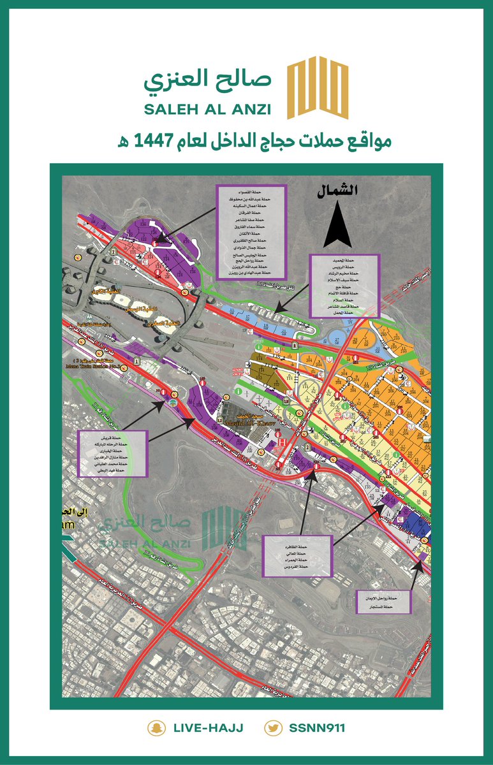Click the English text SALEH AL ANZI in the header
pyautogui.click(x=207, y=109)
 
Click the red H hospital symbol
pyautogui.click(x=281, y=441)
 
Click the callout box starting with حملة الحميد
pyautogui.click(x=344, y=286)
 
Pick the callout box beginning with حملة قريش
pyautogui.click(x=112, y=453)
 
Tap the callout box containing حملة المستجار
pyautogui.click(x=384, y=604)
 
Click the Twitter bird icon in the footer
pyautogui.click(x=274, y=728)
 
